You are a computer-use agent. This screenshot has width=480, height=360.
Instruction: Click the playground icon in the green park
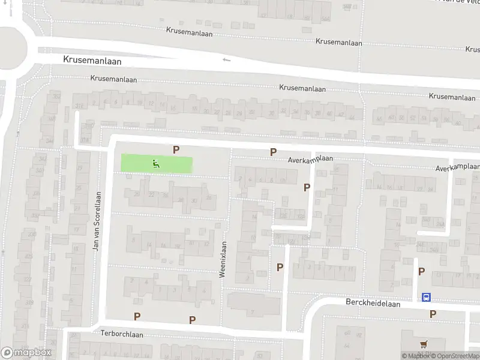[x=156, y=163]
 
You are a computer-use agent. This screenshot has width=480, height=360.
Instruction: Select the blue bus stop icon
[x=426, y=297]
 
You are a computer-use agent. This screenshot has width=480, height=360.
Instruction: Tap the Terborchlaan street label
[x=122, y=334]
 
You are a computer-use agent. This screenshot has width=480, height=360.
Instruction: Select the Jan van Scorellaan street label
[x=95, y=221]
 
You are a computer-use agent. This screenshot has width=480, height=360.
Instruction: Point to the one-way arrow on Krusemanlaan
[x=226, y=59]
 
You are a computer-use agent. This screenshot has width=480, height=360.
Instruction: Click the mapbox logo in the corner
[x=26, y=353]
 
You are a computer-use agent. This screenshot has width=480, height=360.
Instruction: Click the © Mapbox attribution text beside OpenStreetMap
[x=415, y=356]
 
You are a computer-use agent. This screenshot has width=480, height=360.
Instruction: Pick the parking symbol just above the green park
[x=176, y=149]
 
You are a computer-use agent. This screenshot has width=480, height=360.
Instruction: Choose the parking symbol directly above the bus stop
[x=421, y=272]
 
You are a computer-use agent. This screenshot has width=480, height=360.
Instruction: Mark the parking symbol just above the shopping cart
[x=433, y=314]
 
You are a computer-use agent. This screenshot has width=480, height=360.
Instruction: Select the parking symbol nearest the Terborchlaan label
[x=137, y=317]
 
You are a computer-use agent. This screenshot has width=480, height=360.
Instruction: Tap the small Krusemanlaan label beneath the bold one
[x=114, y=79]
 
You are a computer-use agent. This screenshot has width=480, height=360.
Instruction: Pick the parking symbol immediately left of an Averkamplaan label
[x=274, y=152]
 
